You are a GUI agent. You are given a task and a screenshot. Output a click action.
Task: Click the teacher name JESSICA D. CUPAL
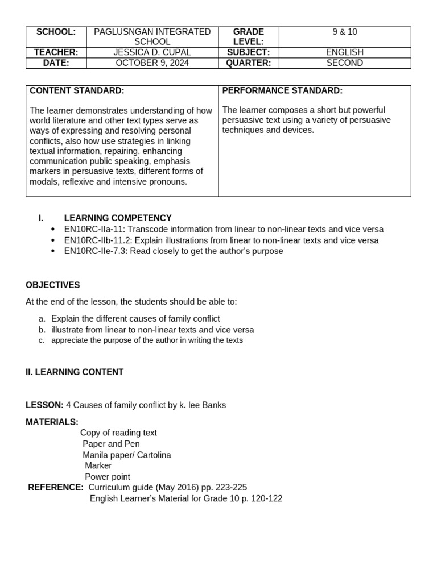152,52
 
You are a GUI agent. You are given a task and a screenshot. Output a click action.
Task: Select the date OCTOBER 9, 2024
152,63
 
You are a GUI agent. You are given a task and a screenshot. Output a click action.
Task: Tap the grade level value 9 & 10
345,32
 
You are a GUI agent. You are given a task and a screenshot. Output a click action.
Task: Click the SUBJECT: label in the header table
248,52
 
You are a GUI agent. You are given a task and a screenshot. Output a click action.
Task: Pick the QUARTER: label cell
248,63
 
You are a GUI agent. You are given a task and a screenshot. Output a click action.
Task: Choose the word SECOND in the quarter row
345,63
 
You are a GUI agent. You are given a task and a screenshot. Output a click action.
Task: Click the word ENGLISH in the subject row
345,52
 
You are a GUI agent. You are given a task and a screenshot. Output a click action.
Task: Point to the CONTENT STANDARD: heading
77,91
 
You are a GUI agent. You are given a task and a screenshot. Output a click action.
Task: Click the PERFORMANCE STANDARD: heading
282,91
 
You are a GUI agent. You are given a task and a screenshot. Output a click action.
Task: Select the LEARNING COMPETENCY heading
118,218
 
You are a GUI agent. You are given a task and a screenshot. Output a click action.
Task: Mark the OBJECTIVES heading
53,285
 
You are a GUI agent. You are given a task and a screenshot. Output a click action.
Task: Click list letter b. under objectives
42,330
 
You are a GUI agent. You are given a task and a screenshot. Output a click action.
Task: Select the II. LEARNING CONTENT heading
75,372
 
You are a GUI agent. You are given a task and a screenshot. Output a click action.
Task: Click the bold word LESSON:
44,405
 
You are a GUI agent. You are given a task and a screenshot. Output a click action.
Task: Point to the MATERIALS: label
52,422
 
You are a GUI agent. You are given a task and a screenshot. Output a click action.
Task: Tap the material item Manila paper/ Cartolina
127,455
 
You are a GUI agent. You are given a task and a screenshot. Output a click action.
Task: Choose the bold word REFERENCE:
56,488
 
